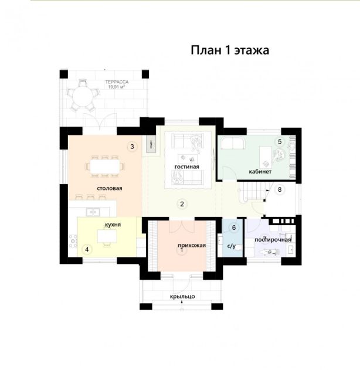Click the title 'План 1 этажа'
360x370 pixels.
(x=230, y=50)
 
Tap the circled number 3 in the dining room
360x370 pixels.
(x=132, y=147)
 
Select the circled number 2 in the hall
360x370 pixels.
(x=182, y=204)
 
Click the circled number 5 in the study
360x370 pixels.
(x=280, y=141)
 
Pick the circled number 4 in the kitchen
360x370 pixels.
(x=87, y=249)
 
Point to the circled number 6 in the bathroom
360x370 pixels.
(x=234, y=228)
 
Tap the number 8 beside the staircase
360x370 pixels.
(x=280, y=189)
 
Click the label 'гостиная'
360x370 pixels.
(x=187, y=167)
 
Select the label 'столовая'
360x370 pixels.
(x=110, y=188)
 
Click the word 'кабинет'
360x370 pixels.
(x=260, y=171)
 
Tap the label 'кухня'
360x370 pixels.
(x=113, y=225)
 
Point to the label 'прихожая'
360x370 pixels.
(x=192, y=246)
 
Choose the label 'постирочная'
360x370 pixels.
(x=273, y=240)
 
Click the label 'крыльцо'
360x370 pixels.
(x=182, y=296)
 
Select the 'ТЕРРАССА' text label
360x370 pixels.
(x=117, y=82)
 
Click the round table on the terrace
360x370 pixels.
(x=82, y=96)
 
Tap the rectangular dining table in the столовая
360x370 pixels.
(x=105, y=167)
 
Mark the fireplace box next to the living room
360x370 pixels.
(x=151, y=144)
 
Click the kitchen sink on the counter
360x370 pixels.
(x=93, y=212)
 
